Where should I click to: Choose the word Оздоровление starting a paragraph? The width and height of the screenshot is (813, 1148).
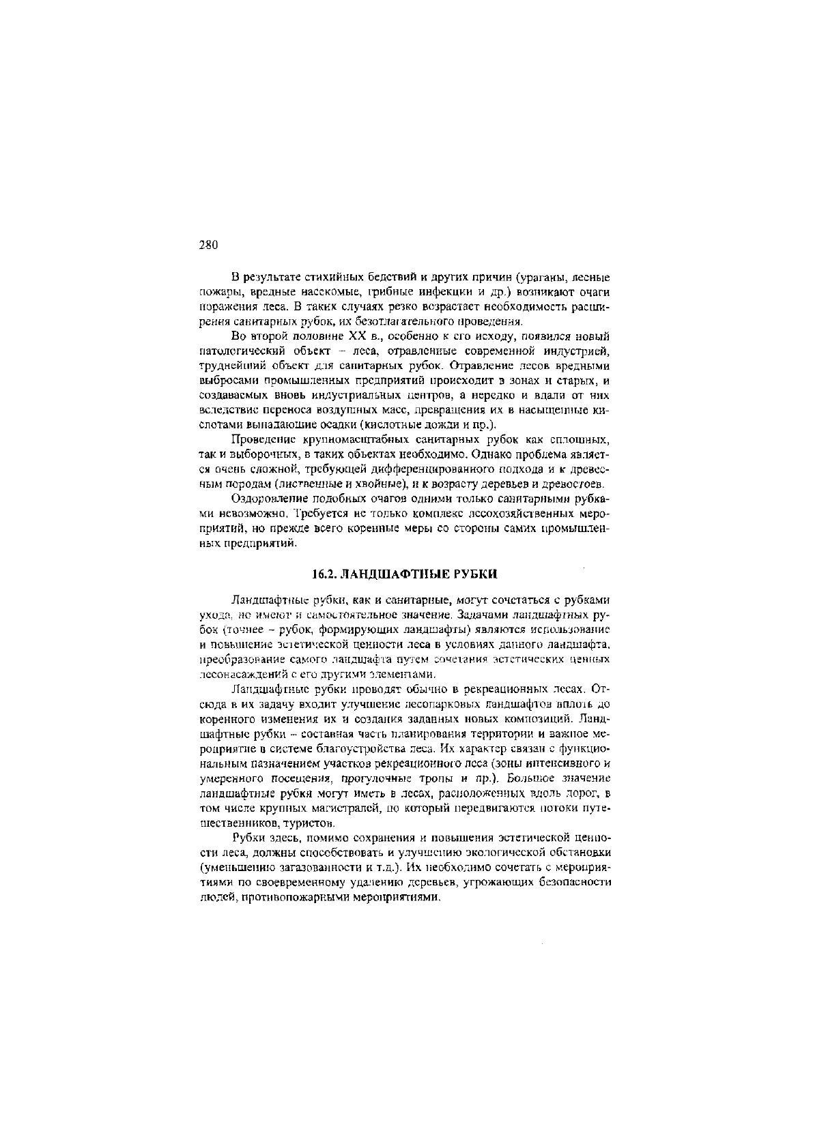pos(268,499)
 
